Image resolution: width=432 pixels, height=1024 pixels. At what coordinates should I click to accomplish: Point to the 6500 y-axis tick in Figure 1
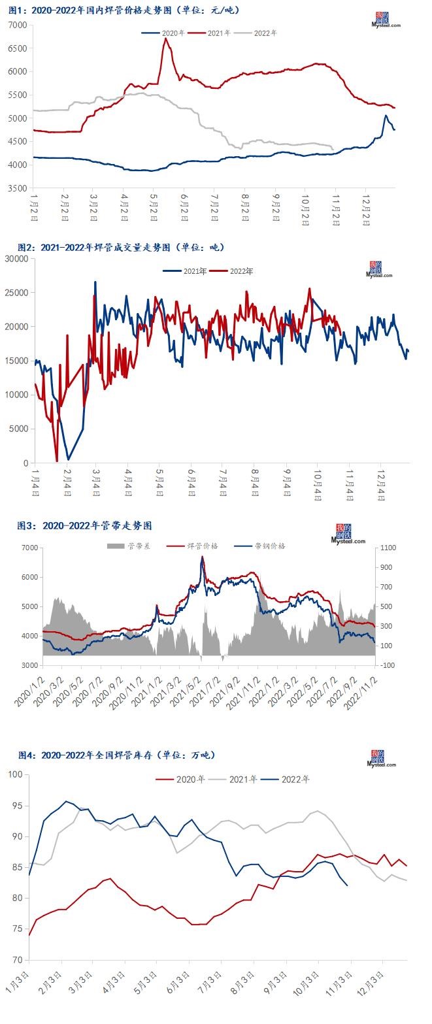18,48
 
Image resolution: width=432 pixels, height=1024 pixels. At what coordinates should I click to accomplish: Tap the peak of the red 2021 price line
165,39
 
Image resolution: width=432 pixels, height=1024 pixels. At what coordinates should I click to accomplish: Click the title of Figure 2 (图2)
120,247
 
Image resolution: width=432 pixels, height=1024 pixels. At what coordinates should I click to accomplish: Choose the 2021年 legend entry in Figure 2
186,271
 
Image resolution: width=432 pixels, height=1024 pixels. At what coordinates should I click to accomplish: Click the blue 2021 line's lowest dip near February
68,459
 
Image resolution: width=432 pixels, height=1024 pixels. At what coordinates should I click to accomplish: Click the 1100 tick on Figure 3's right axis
386,548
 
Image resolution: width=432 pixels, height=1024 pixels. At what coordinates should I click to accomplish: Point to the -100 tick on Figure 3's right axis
386,665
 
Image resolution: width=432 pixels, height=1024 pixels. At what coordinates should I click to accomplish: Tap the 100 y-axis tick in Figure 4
14,775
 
